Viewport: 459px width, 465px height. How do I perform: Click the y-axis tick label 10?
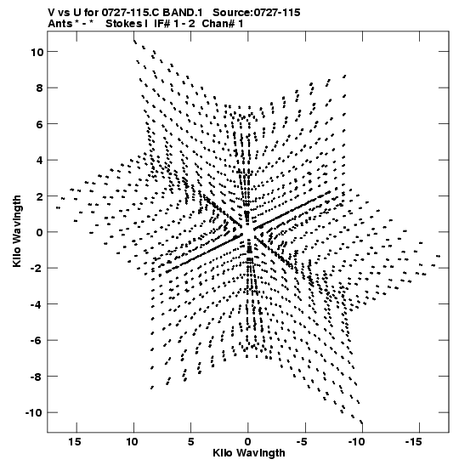(x=37, y=52)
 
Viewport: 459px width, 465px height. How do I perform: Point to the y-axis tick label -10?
(x=35, y=413)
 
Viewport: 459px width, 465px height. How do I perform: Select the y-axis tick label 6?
(x=40, y=124)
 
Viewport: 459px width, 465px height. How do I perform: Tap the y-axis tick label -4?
(x=37, y=304)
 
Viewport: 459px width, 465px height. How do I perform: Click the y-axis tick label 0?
(x=40, y=233)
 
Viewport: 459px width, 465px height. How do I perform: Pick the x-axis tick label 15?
(x=75, y=442)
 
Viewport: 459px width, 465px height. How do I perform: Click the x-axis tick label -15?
(x=413, y=442)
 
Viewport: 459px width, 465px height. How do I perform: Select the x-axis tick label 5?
(x=190, y=442)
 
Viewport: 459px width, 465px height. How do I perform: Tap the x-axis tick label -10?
(x=356, y=442)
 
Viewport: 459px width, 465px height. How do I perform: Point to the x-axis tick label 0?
(x=248, y=442)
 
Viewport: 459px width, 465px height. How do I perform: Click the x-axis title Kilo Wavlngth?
(x=249, y=453)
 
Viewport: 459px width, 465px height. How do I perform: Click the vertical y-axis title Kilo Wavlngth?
(x=17, y=231)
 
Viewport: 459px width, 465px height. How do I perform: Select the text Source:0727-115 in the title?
(x=257, y=13)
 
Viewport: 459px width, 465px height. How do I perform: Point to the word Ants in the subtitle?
(x=59, y=24)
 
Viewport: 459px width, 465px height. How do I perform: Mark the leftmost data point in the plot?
(x=58, y=208)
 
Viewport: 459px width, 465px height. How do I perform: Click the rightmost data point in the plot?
(x=439, y=256)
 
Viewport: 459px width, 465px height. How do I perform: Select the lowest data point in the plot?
(x=361, y=422)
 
